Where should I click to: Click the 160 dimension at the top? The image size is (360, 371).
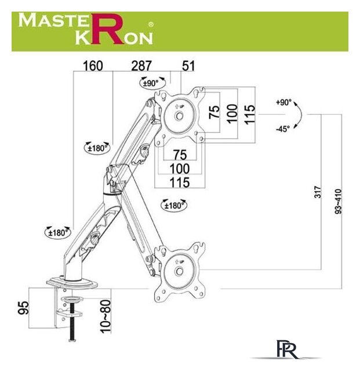pyautogui.click(x=93, y=66)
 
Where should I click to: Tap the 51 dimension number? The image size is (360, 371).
pyautogui.click(x=188, y=66)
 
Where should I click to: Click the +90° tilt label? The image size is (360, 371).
pyautogui.click(x=283, y=103)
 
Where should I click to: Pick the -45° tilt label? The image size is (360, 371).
pyautogui.click(x=283, y=129)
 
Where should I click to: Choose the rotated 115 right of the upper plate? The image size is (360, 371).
pyautogui.click(x=250, y=113)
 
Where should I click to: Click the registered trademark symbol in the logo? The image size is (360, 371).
pyautogui.click(x=151, y=25)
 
